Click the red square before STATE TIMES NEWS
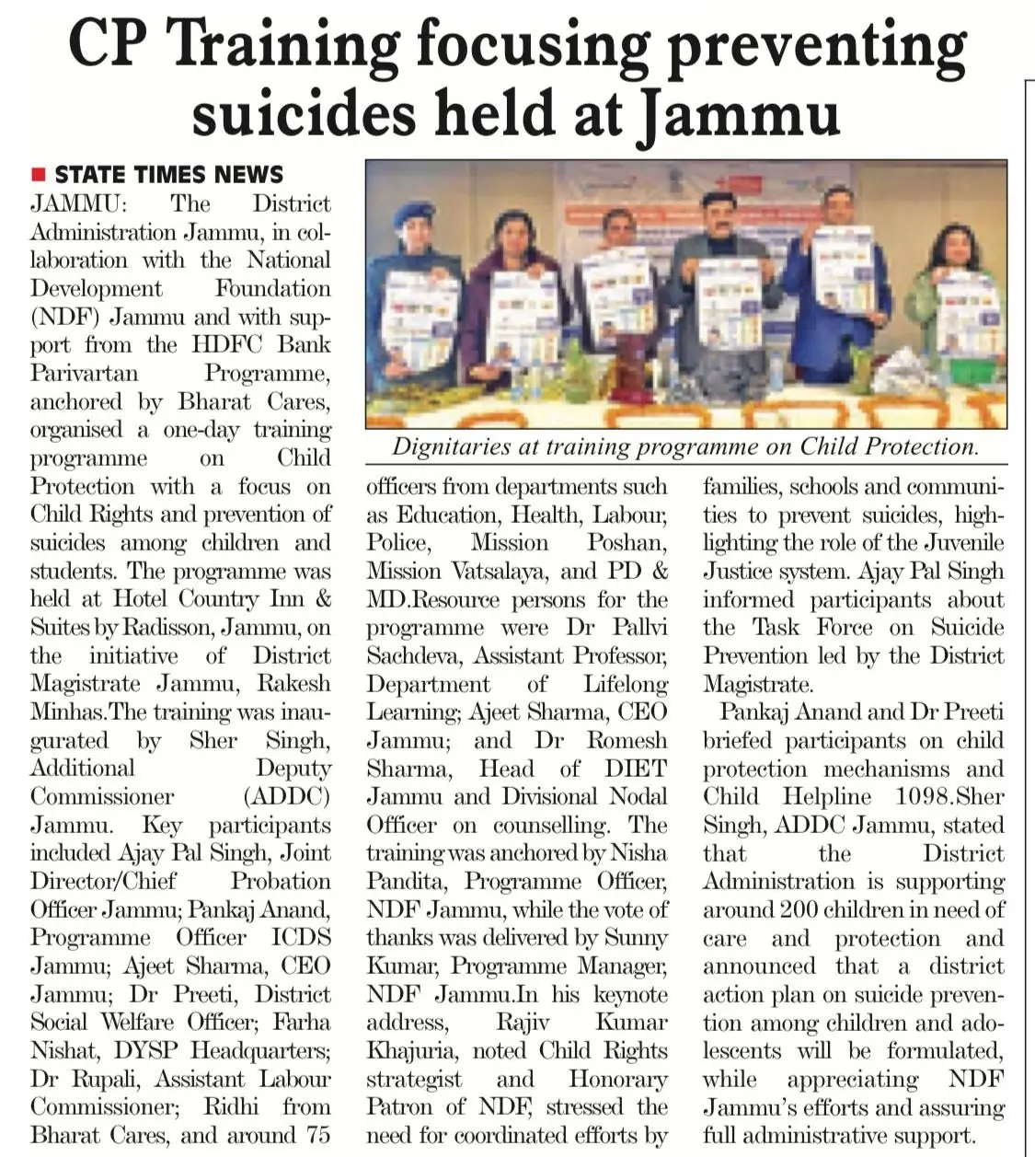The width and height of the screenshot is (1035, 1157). coord(38,175)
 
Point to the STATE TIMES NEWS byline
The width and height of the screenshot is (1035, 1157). coord(168,175)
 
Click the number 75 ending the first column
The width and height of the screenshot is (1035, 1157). coord(317,1135)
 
